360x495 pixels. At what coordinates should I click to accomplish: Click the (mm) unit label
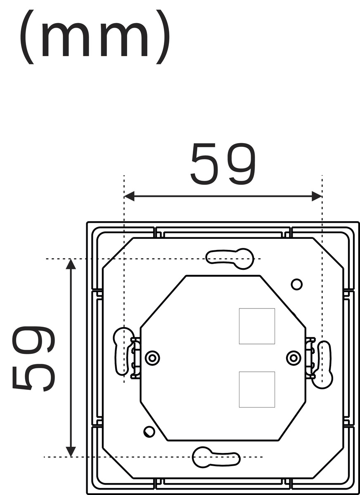coord(95,37)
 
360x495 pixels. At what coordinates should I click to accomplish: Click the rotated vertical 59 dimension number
coord(33,358)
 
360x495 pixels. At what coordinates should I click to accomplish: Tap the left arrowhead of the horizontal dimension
coord(129,196)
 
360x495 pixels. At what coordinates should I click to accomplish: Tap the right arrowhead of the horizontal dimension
coord(317,196)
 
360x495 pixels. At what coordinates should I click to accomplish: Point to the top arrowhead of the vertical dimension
coord(71,264)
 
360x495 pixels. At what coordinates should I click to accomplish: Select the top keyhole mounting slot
coord(230,259)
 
